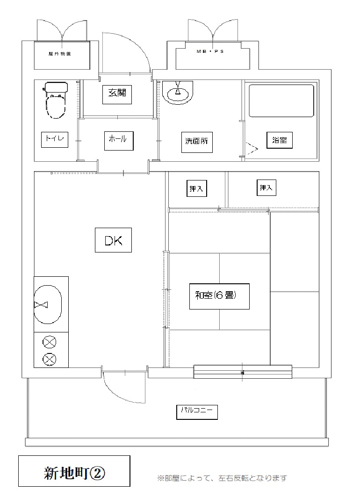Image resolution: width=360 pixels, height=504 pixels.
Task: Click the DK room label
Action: [113, 240]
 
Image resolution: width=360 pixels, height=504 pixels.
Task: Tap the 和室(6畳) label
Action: [219, 296]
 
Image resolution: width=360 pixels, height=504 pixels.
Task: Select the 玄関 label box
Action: [117, 94]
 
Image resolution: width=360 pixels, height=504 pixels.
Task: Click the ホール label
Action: [119, 141]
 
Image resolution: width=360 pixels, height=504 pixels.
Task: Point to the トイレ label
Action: [55, 139]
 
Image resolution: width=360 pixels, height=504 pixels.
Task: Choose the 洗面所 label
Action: [196, 141]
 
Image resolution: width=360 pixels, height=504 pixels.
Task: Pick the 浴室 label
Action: [279, 140]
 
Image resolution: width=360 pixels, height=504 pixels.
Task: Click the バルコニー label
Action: [197, 412]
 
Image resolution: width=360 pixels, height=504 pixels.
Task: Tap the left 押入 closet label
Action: [196, 188]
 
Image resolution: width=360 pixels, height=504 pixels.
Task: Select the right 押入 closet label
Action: [266, 187]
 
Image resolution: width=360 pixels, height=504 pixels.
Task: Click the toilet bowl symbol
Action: [56, 100]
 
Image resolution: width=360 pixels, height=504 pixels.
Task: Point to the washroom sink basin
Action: [178, 93]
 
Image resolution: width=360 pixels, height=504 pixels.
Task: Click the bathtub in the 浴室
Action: [281, 101]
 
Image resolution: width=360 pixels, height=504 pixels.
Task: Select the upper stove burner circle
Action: [50, 343]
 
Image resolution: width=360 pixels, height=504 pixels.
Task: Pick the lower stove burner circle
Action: [50, 359]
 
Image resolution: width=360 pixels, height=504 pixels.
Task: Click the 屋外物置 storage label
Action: [60, 54]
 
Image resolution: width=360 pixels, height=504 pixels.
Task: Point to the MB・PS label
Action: [210, 51]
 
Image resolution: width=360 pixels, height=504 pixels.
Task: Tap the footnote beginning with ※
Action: [222, 478]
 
